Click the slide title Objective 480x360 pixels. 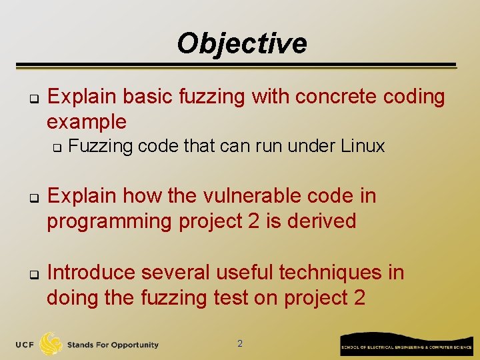click(241, 43)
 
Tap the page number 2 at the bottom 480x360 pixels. click(240, 344)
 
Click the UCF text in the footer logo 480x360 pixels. click(25, 345)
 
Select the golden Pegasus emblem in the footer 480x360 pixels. click(51, 344)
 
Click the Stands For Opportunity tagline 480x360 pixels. click(113, 345)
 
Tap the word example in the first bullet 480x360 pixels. click(86, 122)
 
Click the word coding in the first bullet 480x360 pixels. click(417, 97)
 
